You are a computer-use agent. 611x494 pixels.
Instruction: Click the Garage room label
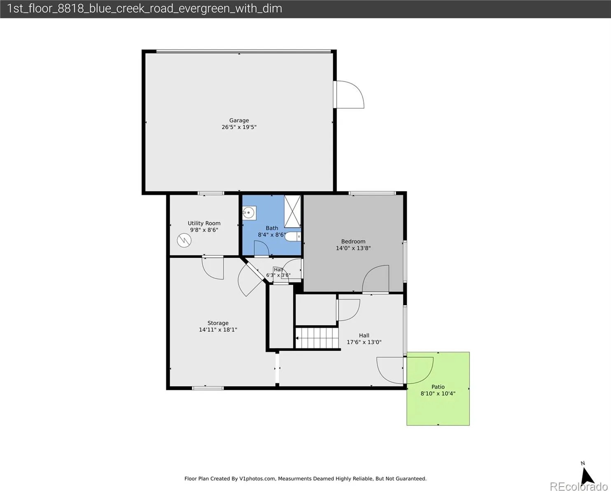tap(239, 121)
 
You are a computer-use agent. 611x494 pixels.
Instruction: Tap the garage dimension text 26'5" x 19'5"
tap(239, 127)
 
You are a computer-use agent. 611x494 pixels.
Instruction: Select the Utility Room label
tap(204, 223)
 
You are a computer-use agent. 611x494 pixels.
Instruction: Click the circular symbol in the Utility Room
tap(184, 240)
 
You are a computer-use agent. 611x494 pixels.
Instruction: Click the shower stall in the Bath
tap(292, 211)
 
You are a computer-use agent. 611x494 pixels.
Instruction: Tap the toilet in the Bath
tap(293, 237)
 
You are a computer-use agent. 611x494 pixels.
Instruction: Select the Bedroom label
tap(353, 241)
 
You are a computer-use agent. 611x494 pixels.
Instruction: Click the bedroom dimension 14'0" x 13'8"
tap(353, 248)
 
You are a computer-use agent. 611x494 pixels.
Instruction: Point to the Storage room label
tap(218, 323)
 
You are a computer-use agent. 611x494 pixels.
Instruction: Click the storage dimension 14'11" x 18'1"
tap(218, 330)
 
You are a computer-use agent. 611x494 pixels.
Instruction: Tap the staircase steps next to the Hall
tap(317, 338)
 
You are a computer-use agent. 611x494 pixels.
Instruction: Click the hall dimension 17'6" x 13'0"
tap(364, 342)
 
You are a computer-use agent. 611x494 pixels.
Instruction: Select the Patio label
tap(438, 387)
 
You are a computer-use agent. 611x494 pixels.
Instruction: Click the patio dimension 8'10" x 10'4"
tap(438, 394)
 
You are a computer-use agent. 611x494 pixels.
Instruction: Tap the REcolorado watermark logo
tap(578, 487)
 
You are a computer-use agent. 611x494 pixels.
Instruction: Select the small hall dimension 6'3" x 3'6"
tap(278, 275)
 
